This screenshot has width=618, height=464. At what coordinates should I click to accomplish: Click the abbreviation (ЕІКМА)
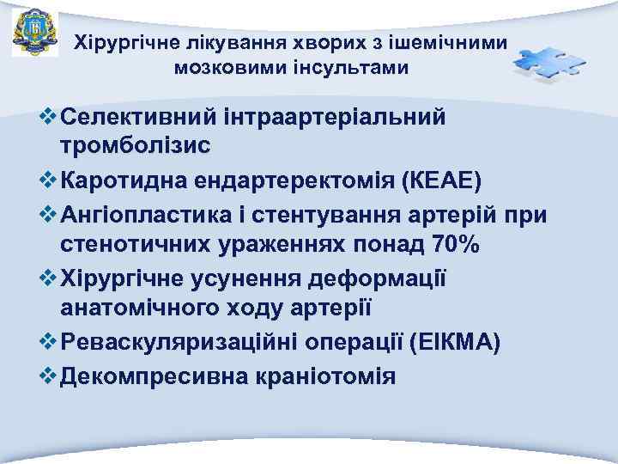456,342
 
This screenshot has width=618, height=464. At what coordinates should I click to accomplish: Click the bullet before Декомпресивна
48,375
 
